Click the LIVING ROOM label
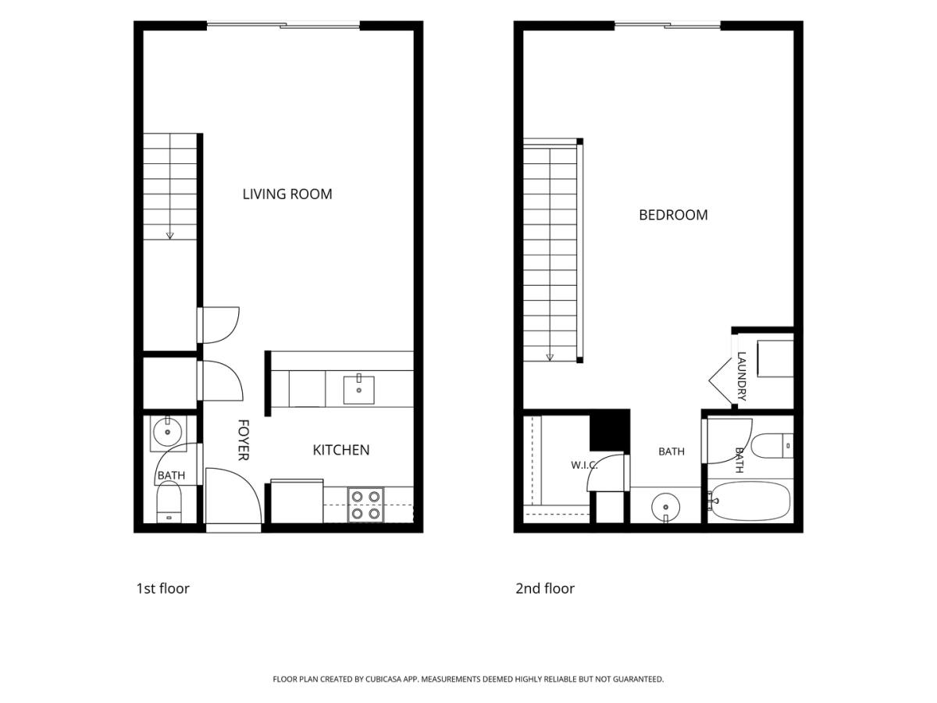click(287, 194)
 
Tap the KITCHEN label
click(340, 450)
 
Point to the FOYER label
click(243, 440)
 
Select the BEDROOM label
click(673, 215)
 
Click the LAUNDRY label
click(742, 376)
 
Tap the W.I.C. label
click(584, 466)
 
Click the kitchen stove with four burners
click(365, 505)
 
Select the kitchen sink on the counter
click(358, 390)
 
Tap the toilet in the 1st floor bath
click(169, 502)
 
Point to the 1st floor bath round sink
click(167, 432)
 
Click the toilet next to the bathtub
click(772, 445)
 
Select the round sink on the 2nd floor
click(665, 507)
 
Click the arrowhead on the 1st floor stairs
click(169, 236)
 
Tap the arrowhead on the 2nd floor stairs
click(550, 357)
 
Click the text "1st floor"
click(162, 589)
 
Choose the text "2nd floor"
click(545, 589)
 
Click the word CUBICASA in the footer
click(383, 679)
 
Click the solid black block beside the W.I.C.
click(610, 430)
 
